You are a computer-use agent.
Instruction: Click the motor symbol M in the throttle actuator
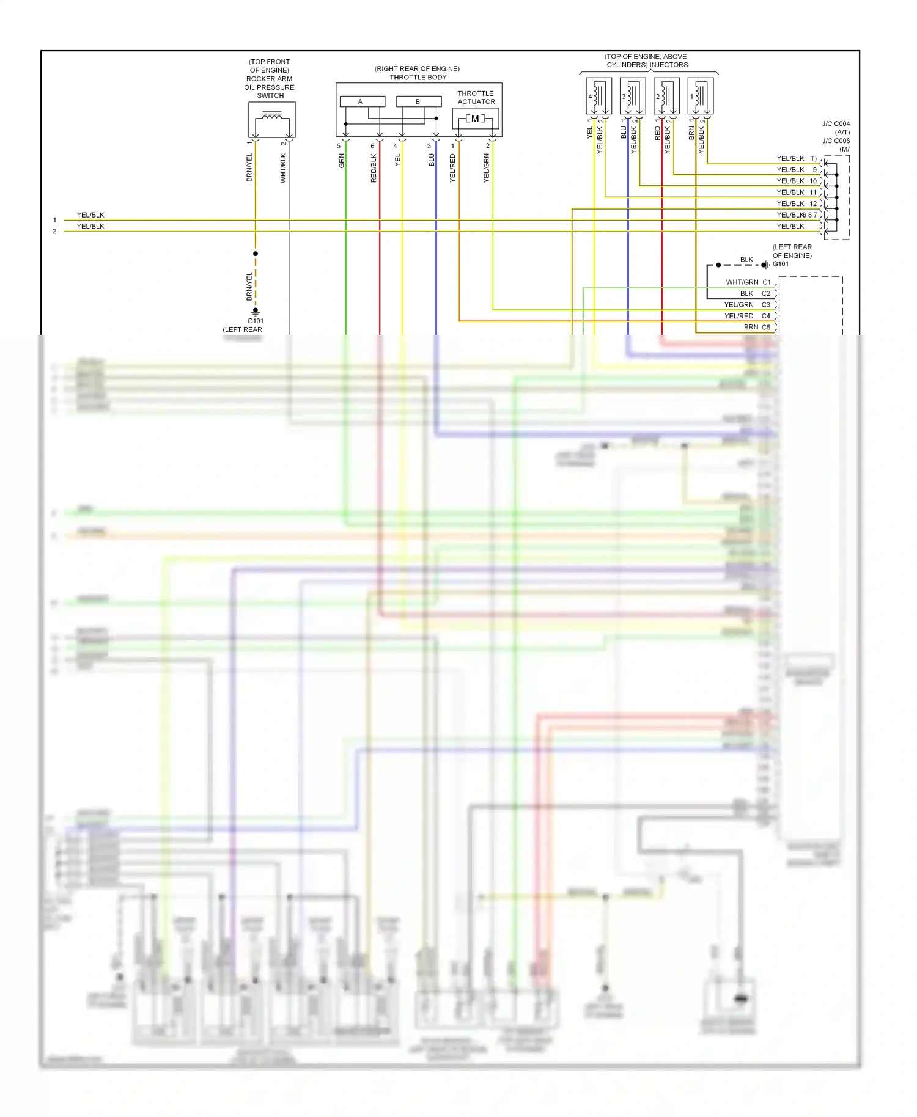coord(475,119)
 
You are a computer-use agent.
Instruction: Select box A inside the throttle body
coord(362,101)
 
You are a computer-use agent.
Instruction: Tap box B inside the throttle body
coord(418,101)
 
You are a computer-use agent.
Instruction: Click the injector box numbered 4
coord(598,96)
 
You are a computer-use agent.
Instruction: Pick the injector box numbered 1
coord(700,96)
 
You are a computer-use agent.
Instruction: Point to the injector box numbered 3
coord(632,96)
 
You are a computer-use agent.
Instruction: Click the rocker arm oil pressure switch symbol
coord(271,120)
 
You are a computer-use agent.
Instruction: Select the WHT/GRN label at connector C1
coord(742,282)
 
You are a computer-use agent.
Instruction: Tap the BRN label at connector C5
coord(751,328)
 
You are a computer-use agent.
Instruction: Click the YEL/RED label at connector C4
coord(738,316)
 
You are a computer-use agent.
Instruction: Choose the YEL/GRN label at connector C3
coord(738,305)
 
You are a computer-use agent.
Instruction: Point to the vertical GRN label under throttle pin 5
coord(341,161)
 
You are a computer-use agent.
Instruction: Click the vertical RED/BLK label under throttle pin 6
coord(374,168)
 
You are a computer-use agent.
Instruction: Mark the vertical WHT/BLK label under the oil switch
coord(283,168)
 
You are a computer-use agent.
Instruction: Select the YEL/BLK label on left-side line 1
coord(90,215)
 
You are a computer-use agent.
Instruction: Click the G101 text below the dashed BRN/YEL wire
coord(256,321)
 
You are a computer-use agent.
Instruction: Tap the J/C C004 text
coord(836,124)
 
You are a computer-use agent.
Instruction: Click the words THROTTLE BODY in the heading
coord(418,78)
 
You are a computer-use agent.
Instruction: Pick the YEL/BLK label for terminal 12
coord(790,203)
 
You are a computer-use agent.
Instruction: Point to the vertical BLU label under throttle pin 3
coord(432,160)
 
